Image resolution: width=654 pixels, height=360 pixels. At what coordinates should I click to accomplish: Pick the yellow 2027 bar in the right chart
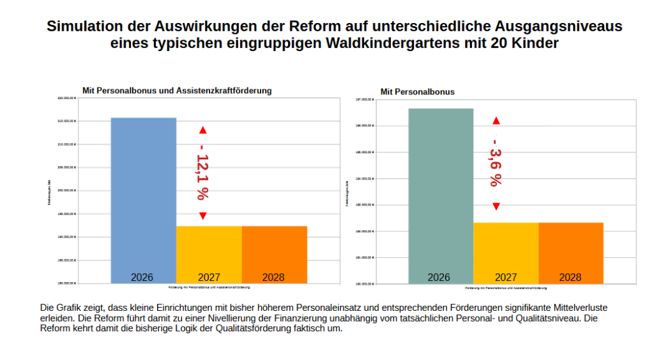coord(506,253)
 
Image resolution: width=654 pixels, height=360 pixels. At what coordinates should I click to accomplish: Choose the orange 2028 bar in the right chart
coord(571,253)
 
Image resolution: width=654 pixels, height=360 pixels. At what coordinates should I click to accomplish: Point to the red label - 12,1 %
coord(204,173)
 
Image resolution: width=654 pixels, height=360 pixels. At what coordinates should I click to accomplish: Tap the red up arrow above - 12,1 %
coord(203,130)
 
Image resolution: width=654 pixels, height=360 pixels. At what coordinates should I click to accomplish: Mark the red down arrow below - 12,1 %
coord(203,216)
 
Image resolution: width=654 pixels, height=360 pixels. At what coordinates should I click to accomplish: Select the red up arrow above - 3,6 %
coord(496,121)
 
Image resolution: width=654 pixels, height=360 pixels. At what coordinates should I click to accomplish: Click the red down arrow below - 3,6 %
coord(496,206)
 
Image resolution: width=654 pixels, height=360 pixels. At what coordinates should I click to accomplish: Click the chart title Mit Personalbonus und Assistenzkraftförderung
coord(177,91)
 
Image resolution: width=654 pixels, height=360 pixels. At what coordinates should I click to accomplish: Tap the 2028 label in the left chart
coord(273,277)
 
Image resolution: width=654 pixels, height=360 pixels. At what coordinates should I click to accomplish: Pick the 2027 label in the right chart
coord(506,277)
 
